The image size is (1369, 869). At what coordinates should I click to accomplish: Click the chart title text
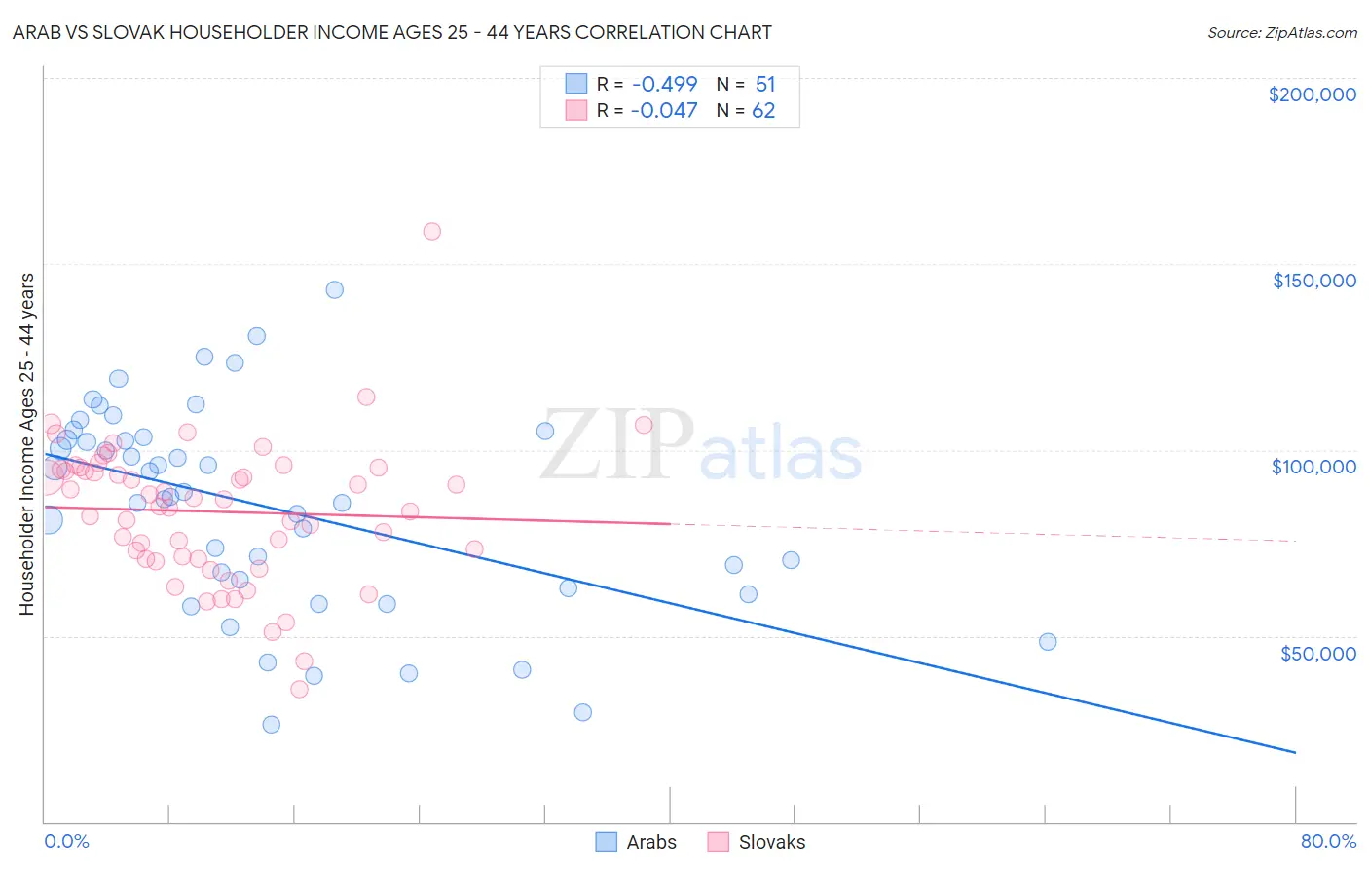pos(392,32)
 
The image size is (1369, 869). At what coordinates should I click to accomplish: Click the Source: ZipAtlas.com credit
pos(1281,32)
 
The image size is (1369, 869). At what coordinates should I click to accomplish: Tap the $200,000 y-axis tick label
pos(1312,94)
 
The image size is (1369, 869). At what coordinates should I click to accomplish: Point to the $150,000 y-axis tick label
pos(1313,281)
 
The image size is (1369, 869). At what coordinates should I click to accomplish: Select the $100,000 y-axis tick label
pos(1313,467)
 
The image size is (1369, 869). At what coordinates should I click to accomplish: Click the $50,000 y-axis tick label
pos(1317,653)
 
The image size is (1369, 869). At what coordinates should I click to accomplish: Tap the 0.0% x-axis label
pos(66,841)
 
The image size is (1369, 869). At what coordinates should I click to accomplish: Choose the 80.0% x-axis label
pos(1328,841)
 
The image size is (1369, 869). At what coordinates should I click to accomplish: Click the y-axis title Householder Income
pos(27,444)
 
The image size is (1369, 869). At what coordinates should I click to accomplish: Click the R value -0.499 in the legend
pos(664,84)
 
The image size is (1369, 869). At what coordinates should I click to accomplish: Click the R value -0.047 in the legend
pos(664,111)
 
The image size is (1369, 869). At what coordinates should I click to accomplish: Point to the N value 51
pos(765,84)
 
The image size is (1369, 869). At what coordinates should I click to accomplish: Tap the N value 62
pos(763,111)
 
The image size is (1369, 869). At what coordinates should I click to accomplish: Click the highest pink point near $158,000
pos(431,231)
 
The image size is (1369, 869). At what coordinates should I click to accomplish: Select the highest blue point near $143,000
pos(334,289)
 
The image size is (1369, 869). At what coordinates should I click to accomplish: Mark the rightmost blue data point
pos(1048,641)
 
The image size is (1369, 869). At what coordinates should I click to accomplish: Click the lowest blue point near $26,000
pos(271,724)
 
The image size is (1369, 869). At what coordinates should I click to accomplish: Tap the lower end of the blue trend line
pos(1295,752)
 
